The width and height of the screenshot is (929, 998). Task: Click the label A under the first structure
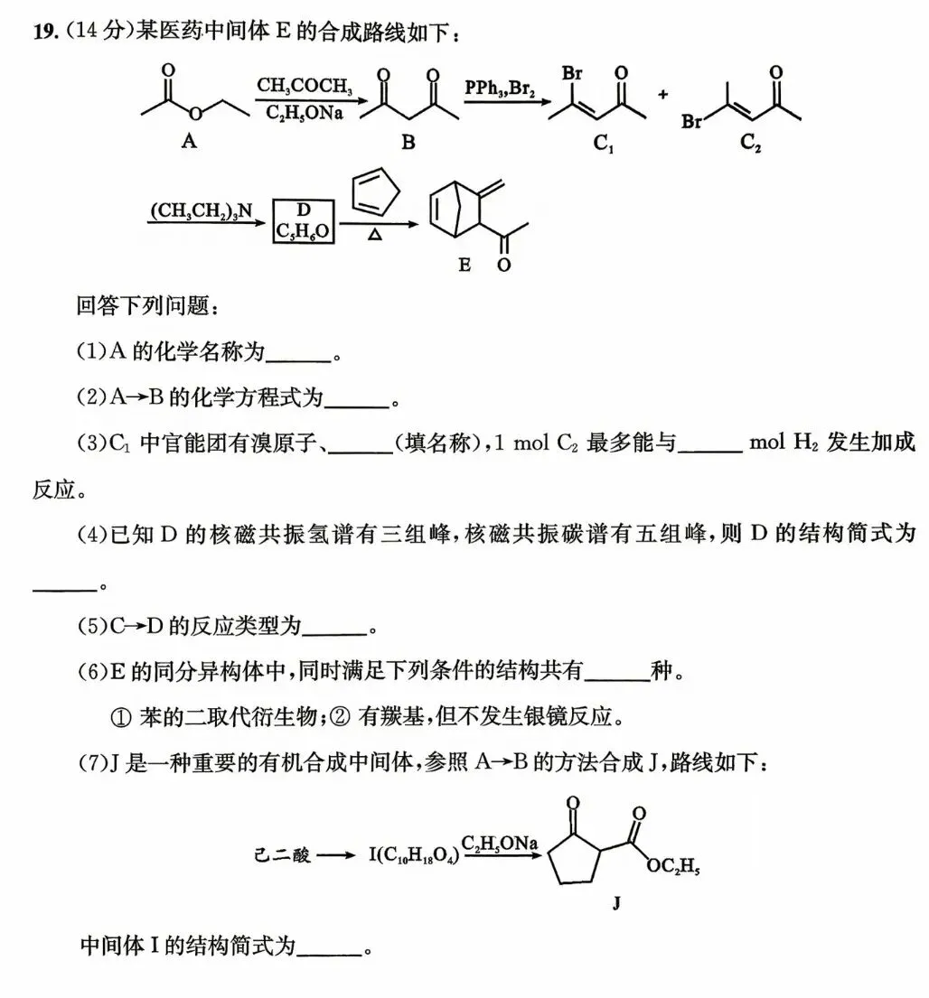[x=189, y=141]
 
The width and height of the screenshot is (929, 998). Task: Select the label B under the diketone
[x=408, y=142]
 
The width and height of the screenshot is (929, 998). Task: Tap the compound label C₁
[x=603, y=144]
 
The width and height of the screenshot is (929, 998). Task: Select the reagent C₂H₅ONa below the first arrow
[x=304, y=113]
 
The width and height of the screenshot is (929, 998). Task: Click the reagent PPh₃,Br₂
[x=500, y=88]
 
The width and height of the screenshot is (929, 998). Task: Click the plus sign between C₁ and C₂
[x=662, y=95]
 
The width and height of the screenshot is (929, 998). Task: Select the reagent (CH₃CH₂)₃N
[x=202, y=210]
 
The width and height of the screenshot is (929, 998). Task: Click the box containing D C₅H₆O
[x=303, y=221]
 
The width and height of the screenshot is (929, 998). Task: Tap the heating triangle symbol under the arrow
[x=375, y=236]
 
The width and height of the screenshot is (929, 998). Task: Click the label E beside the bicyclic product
[x=464, y=264]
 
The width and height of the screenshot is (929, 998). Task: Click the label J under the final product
[x=615, y=902]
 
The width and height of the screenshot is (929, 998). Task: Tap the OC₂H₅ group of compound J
[x=672, y=866]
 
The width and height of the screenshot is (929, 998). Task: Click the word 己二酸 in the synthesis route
[x=282, y=854]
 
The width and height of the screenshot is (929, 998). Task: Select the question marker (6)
[x=92, y=671]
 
